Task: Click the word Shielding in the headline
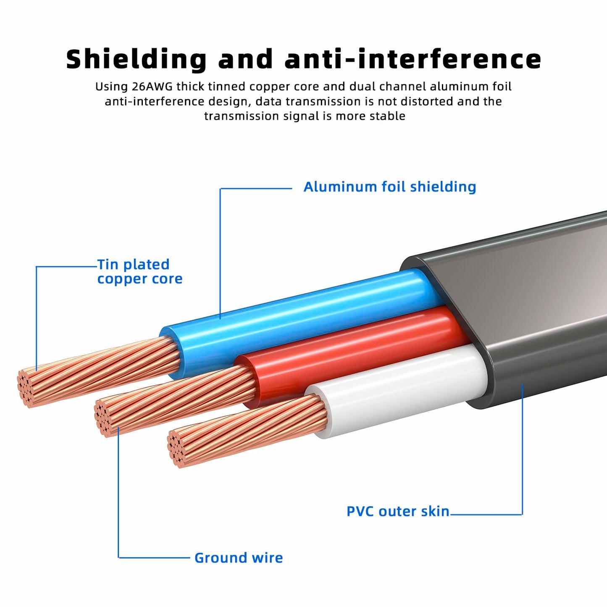click(137, 60)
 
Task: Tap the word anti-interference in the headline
click(413, 59)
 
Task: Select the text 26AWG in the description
click(152, 86)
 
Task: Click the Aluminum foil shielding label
click(390, 187)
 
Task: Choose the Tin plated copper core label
click(139, 271)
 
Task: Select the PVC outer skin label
click(398, 511)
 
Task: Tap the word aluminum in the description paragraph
click(455, 86)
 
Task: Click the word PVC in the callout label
click(360, 511)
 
